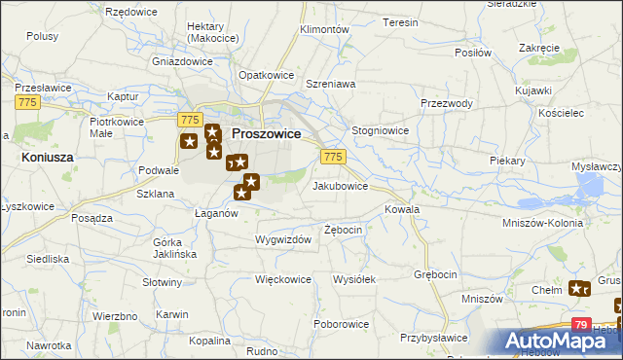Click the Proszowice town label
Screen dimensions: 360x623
265,133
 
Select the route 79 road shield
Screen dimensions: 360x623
580,325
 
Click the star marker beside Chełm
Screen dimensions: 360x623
580,288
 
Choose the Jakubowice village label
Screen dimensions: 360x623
340,185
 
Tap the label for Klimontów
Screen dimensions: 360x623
325,30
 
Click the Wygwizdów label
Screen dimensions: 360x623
283,239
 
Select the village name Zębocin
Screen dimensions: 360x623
344,230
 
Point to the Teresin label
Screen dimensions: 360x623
400,21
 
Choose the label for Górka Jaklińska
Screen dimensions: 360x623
175,247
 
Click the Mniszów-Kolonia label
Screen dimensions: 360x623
568,222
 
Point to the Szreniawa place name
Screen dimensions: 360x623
330,85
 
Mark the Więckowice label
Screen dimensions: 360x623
282,279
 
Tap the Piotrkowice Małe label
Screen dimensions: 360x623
116,128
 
